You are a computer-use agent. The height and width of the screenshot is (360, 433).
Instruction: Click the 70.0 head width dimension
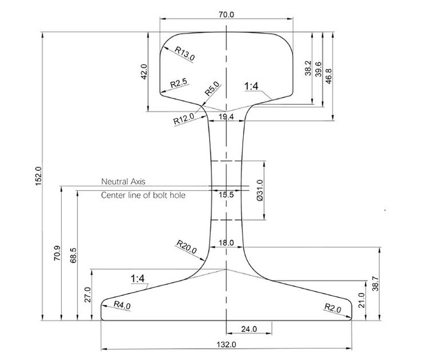point(226,14)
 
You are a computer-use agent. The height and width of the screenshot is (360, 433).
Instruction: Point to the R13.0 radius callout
point(185,54)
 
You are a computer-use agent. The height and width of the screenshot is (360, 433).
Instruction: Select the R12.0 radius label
point(184,120)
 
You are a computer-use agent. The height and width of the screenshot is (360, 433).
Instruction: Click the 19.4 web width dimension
point(226,117)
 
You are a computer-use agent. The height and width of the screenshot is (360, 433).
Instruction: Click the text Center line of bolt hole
point(143,196)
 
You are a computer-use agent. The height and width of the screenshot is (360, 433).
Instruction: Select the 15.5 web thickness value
point(226,195)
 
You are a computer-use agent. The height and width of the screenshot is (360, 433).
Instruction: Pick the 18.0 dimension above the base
point(226,243)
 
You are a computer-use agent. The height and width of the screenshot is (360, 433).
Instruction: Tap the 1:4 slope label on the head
point(253,87)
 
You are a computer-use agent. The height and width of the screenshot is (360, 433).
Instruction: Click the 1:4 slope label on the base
point(140,279)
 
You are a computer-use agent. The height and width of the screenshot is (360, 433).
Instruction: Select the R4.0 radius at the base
point(121,305)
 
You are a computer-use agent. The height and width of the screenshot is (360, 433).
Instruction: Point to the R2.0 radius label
point(333,308)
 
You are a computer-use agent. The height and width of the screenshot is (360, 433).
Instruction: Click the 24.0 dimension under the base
point(250,329)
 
